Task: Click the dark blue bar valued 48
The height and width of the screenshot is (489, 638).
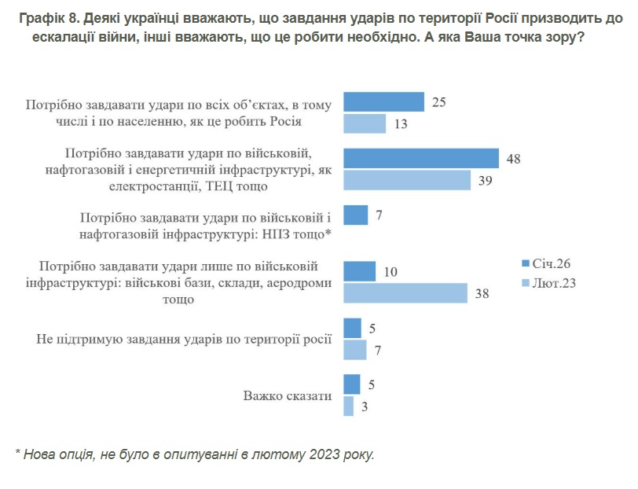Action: click(x=422, y=158)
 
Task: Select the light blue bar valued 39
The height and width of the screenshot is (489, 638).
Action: click(x=407, y=180)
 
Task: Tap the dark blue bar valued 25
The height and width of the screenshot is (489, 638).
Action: click(x=384, y=102)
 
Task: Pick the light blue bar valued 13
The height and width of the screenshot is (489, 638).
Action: click(x=365, y=124)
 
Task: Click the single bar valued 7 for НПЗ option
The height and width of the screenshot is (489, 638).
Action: click(x=356, y=215)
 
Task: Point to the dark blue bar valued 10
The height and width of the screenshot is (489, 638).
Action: click(x=360, y=271)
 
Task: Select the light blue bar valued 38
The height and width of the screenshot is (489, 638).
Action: click(x=406, y=293)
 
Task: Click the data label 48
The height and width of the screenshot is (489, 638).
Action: click(x=515, y=159)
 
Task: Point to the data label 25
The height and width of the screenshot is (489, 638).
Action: click(x=440, y=103)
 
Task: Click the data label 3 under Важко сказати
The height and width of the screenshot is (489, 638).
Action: click(x=365, y=406)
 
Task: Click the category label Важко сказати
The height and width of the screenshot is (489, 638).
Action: click(x=288, y=395)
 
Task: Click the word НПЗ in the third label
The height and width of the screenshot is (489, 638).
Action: click(x=282, y=233)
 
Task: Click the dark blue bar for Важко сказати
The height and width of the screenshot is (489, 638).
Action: click(x=352, y=384)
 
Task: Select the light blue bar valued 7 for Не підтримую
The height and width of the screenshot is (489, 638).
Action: click(x=355, y=350)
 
